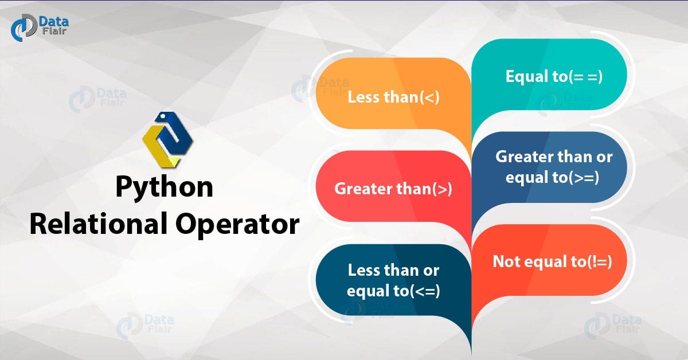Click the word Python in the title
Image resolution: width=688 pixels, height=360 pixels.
[164, 187]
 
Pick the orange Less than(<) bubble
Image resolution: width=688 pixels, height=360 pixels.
[393, 97]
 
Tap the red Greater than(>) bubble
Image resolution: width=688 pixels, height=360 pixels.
[393, 189]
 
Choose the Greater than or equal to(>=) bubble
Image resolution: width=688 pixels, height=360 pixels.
[553, 167]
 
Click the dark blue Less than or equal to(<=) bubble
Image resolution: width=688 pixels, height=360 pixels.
[393, 280]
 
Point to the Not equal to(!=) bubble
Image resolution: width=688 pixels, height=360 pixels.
[552, 261]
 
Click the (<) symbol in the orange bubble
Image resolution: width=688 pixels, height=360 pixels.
[429, 97]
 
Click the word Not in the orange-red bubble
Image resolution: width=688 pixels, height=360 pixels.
[505, 261]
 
